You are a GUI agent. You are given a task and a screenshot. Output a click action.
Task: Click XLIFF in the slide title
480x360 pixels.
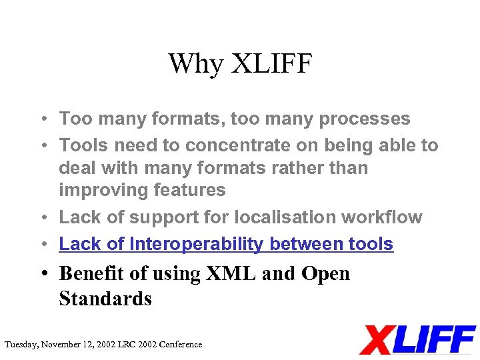point(271,65)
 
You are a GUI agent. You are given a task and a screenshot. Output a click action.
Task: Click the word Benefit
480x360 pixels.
point(95,273)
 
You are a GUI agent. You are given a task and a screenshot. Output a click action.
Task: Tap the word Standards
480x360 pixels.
point(105,299)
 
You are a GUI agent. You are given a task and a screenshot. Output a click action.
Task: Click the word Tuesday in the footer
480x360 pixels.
point(21,345)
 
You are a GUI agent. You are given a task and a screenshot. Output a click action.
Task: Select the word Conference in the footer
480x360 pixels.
point(179,345)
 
